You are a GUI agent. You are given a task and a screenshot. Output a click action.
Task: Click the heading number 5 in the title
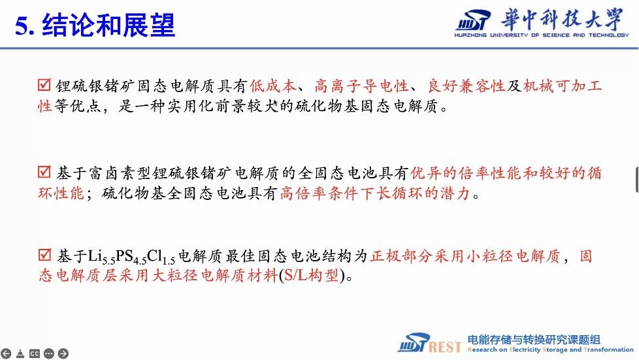point(22,26)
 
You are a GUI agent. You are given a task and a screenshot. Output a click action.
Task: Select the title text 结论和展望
point(108,25)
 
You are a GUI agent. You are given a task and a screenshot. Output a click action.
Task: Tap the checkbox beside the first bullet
point(44,85)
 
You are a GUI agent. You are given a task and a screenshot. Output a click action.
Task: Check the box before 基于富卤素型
point(44,172)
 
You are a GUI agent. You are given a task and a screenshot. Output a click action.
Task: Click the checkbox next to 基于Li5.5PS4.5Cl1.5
point(44,255)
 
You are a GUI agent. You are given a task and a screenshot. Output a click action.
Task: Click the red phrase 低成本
point(272,86)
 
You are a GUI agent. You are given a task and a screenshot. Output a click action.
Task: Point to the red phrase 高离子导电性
point(361,86)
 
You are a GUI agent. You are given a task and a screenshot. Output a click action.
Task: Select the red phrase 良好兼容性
point(466,86)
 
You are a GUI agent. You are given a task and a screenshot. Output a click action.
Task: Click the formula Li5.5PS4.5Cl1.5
point(131,257)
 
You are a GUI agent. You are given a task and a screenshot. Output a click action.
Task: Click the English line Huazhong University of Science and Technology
point(542,35)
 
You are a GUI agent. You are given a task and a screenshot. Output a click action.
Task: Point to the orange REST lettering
point(445,347)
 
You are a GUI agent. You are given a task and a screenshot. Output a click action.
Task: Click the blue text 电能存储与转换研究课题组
point(534,339)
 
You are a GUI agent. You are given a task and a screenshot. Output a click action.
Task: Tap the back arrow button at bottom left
point(6,353)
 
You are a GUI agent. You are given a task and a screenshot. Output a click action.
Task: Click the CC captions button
point(34,353)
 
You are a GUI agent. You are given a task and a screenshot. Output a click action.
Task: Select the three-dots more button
point(48,353)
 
